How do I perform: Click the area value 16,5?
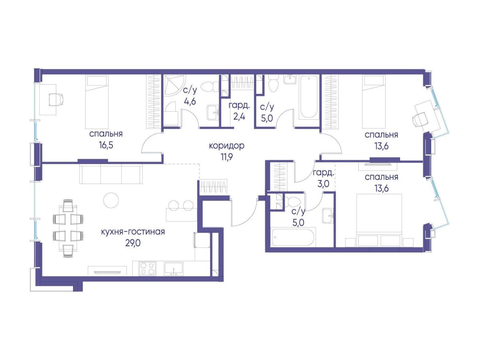pos(106,145)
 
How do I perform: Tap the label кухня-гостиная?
pos(133,232)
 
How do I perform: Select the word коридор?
pos(227,146)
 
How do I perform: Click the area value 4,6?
pos(190,101)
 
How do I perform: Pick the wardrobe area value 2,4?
pos(239,116)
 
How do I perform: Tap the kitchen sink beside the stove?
pos(174,269)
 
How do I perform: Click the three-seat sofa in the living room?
pos(111,174)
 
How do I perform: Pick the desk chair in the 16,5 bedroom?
pos(56,99)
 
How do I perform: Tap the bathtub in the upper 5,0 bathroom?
pos(309,97)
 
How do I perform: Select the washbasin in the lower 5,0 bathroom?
pos(328,216)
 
